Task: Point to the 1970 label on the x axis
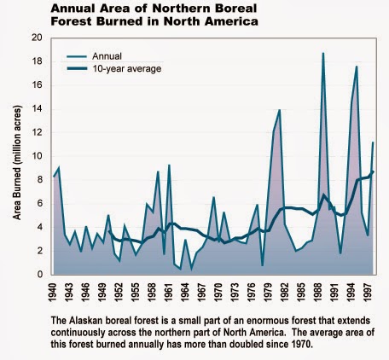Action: point(219,294)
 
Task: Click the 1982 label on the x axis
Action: point(284,294)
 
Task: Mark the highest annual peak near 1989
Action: point(323,54)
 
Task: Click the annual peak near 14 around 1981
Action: point(280,110)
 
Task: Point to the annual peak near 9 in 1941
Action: point(59,167)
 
